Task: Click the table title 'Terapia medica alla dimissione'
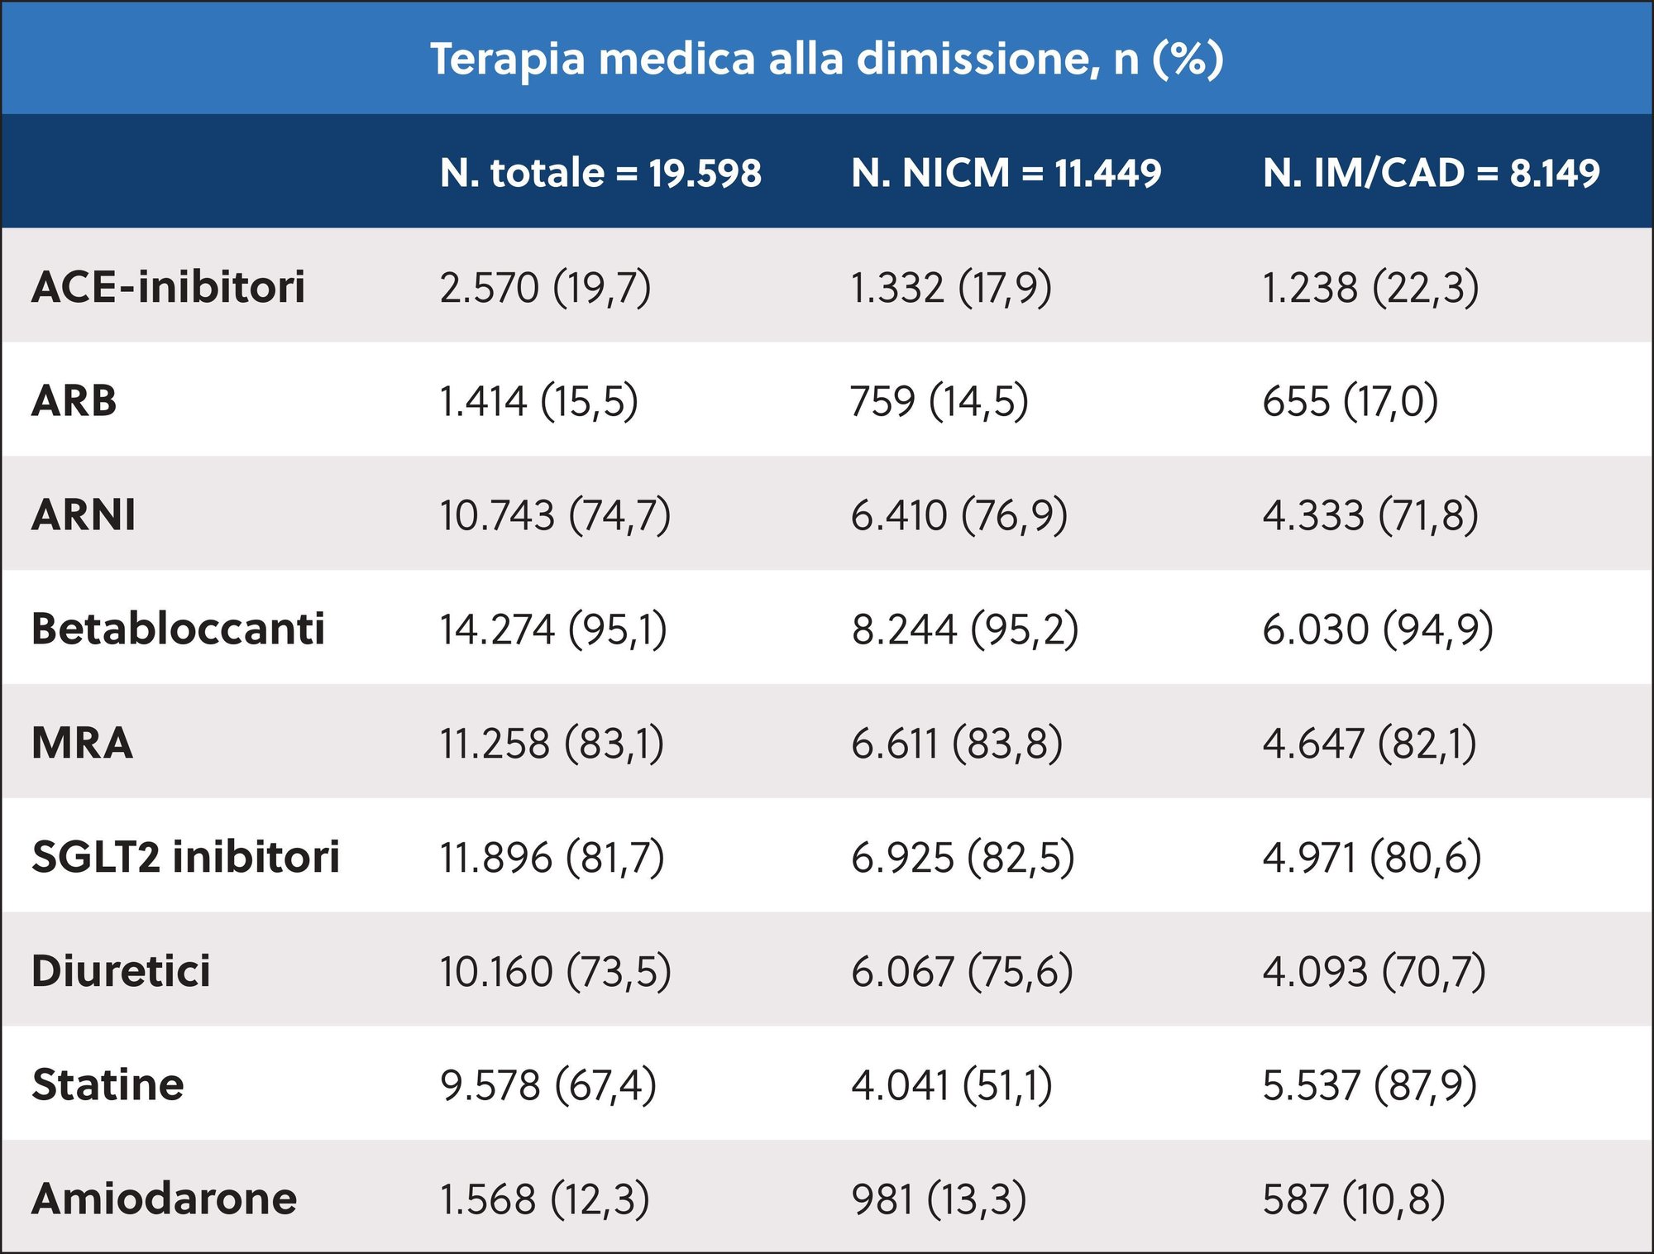[827, 60]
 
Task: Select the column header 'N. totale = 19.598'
[600, 173]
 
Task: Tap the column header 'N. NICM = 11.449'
[1006, 173]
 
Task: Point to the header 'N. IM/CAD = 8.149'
[1431, 173]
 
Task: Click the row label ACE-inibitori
[169, 287]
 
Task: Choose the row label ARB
[74, 401]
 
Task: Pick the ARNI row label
[84, 515]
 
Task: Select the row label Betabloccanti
[178, 629]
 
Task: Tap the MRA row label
[82, 743]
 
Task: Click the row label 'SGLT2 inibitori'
[185, 857]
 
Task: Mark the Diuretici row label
[121, 971]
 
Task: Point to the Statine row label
[108, 1084]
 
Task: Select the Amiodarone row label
[164, 1199]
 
